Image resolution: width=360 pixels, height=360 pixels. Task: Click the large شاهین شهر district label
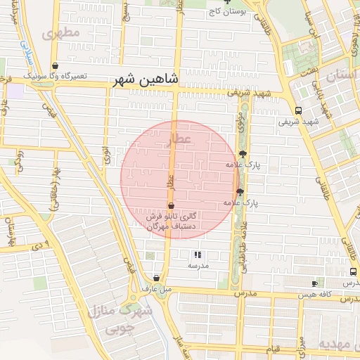[x=146, y=81]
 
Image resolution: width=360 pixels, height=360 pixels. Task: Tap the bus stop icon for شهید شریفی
[x=299, y=110]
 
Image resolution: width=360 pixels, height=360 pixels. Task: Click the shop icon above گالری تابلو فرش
[x=170, y=206]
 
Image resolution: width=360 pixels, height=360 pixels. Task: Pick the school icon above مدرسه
[x=198, y=255]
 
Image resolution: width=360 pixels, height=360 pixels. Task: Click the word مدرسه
[x=198, y=266]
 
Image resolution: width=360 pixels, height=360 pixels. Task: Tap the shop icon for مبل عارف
[x=156, y=278]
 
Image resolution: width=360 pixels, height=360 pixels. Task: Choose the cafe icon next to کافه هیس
[x=314, y=283]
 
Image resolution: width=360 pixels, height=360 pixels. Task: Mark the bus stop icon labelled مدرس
[x=352, y=271]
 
